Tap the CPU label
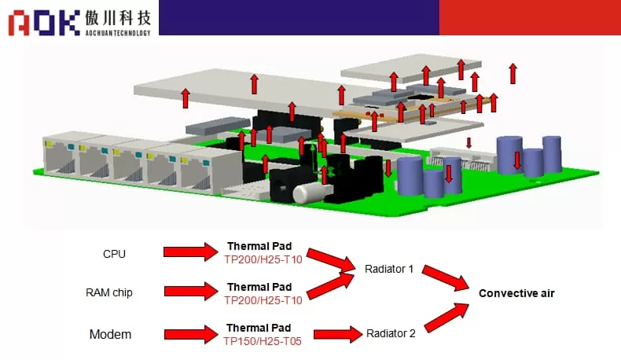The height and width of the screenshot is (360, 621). pos(114,254)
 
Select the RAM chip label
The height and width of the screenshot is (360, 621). pos(108,292)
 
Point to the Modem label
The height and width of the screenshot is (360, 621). pos(110,334)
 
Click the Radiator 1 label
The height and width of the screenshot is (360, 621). pos(389,269)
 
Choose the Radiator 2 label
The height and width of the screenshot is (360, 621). pos(391,333)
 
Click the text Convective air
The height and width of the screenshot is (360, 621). pos(516,293)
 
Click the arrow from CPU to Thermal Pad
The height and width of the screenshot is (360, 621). pos(189,252)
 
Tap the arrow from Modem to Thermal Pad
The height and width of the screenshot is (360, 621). pos(189,334)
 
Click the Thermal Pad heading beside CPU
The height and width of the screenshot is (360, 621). pos(259,246)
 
